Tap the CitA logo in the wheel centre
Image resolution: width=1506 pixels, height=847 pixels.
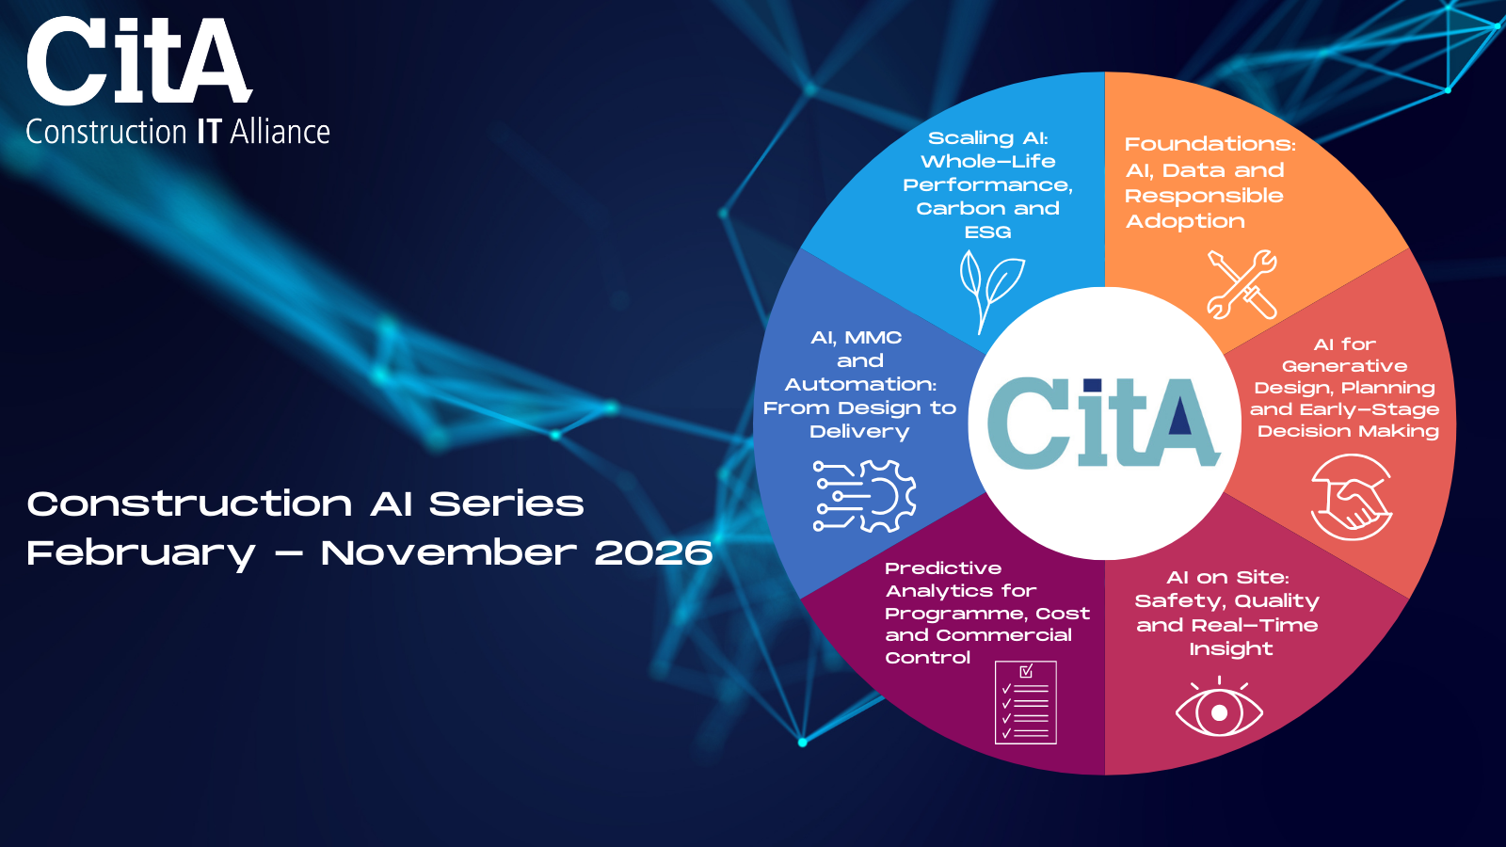point(1103,423)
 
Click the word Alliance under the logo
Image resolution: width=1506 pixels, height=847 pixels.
point(280,132)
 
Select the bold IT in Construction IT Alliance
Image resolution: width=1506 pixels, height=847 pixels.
point(208,132)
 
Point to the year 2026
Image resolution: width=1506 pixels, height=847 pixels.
point(653,552)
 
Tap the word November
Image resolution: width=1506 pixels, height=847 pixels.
point(448,552)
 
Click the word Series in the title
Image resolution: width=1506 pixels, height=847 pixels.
point(506,503)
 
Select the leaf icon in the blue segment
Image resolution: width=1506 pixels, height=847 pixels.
point(991,291)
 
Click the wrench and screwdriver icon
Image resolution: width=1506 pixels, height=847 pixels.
point(1242,283)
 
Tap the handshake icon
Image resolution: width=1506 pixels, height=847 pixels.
point(1351,497)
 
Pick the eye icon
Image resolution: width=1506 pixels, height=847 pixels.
point(1219,707)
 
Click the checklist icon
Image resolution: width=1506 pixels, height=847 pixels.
point(1025,702)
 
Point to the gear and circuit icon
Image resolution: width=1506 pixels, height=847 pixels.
point(864,496)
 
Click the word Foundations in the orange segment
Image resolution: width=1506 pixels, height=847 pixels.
point(1210,144)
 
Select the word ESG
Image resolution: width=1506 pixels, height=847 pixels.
point(987,232)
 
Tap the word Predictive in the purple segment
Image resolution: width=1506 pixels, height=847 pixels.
point(943,568)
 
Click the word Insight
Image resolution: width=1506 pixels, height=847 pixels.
point(1231,649)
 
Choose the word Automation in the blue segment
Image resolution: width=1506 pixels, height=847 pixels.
point(860,385)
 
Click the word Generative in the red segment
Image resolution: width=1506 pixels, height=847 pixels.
point(1344,366)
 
